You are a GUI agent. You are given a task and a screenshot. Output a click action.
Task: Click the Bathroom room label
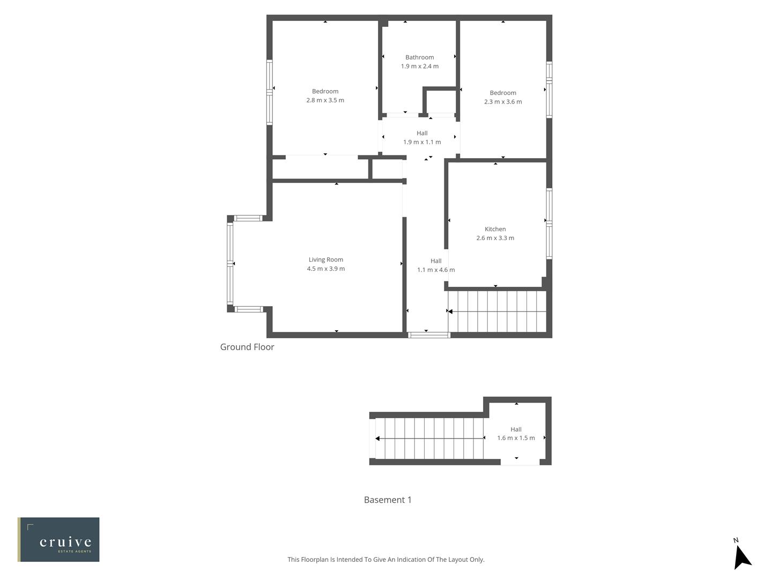point(419,57)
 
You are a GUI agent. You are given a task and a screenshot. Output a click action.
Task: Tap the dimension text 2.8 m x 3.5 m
point(325,100)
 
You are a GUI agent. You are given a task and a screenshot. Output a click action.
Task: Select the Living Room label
point(325,259)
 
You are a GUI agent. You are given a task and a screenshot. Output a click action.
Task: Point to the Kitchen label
point(495,229)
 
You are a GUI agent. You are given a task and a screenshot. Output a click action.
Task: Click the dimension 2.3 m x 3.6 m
point(502,102)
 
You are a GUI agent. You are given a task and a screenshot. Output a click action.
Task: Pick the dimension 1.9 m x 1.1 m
point(422,142)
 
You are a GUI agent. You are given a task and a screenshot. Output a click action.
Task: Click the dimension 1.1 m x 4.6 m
point(435,270)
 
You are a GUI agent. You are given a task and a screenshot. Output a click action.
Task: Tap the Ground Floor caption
point(247,347)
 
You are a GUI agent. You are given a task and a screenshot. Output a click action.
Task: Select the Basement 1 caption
point(388,500)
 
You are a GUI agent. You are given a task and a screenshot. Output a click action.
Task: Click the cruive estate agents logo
point(59,539)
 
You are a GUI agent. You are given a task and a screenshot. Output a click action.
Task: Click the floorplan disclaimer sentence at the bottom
point(385,560)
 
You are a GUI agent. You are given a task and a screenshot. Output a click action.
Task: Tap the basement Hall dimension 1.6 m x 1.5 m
point(516,438)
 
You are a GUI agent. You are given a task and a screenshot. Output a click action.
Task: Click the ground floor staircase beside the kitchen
point(498,311)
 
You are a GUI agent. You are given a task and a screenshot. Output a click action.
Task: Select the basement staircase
point(429,439)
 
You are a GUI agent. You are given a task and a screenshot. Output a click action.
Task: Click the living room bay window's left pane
point(230,264)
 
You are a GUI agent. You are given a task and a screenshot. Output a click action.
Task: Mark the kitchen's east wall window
point(549,223)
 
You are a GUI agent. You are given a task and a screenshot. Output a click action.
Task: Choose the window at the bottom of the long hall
point(428,335)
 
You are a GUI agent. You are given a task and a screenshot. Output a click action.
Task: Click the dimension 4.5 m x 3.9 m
point(325,269)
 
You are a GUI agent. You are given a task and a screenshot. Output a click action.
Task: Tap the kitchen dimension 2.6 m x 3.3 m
point(495,238)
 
